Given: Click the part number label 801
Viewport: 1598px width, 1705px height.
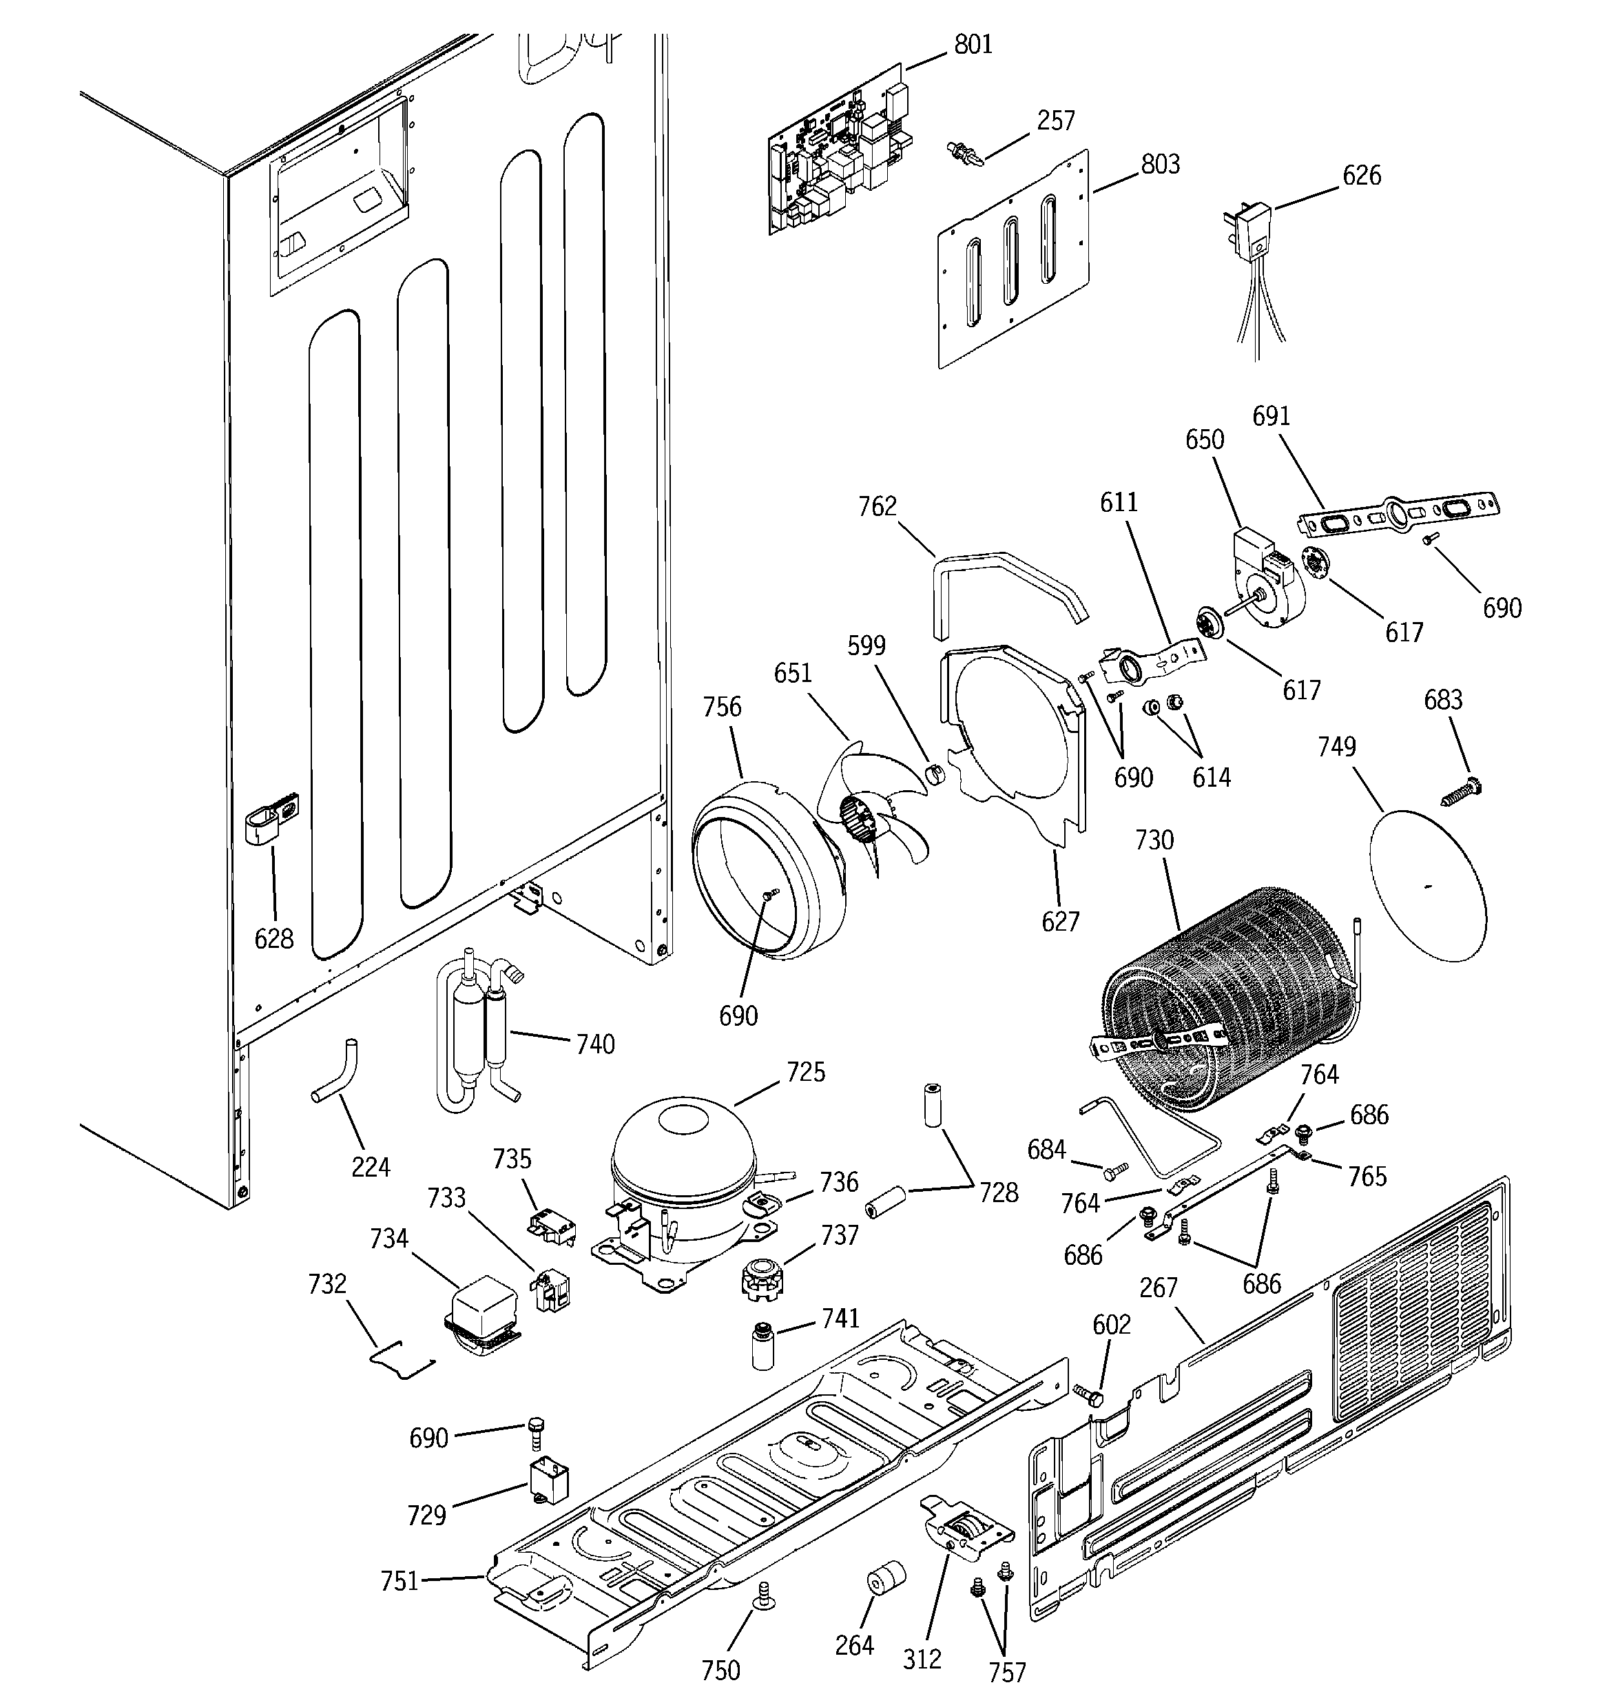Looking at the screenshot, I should (973, 45).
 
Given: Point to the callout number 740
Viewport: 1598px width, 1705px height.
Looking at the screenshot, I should (595, 1044).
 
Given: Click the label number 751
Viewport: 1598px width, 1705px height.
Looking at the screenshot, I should (399, 1580).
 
